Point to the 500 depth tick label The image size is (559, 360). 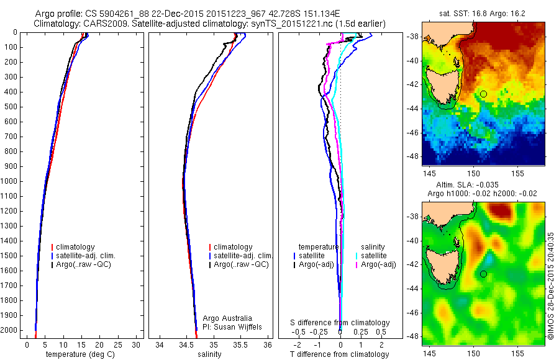point(11,107)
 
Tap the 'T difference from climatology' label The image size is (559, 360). point(339,354)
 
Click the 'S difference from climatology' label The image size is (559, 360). point(340,323)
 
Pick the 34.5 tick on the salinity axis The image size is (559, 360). point(186,344)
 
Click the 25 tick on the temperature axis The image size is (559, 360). point(117,344)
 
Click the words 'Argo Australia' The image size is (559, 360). point(227,318)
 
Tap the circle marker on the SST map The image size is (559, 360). point(483,94)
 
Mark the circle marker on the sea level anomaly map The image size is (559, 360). point(483,274)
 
